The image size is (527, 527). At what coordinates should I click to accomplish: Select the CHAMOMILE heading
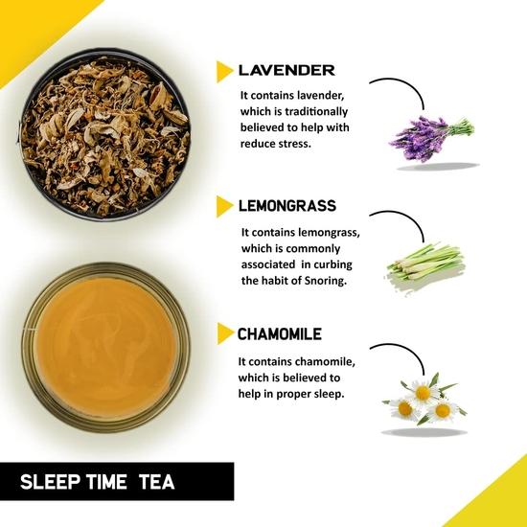click(x=280, y=334)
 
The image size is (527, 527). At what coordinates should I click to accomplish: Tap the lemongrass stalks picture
click(x=424, y=262)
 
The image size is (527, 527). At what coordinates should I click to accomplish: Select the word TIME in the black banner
click(x=109, y=482)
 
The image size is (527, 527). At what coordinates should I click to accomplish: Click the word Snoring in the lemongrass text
click(x=321, y=281)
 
